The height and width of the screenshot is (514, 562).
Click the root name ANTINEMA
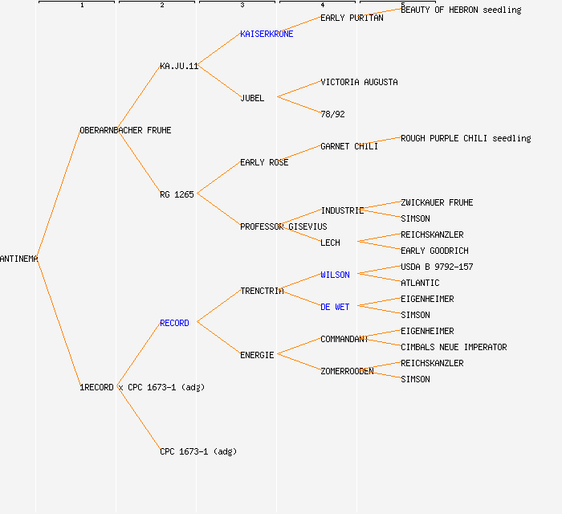tap(19, 259)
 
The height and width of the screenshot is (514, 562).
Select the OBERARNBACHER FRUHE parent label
tap(125, 130)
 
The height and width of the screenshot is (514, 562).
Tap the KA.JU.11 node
tap(178, 66)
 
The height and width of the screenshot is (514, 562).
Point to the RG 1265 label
tap(177, 194)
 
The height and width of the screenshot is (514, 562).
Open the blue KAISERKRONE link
tap(267, 34)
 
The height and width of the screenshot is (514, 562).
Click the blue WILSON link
tap(335, 275)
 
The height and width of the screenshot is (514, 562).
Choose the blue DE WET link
tap(335, 307)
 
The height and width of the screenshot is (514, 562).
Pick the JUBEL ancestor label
tap(252, 98)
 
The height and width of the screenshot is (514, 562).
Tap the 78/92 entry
tap(332, 114)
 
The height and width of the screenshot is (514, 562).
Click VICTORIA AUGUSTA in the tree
tap(359, 82)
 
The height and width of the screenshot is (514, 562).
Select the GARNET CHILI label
tap(349, 146)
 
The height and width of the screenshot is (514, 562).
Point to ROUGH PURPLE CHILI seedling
tap(466, 138)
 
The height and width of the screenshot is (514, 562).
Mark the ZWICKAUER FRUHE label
tap(437, 202)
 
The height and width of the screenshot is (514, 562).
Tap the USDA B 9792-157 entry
tap(437, 267)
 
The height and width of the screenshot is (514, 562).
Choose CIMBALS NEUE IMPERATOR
tap(454, 347)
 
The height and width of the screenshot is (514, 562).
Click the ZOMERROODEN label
tap(347, 371)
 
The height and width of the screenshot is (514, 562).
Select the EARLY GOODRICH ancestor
tap(434, 251)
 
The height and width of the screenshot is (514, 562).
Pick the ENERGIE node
tap(257, 355)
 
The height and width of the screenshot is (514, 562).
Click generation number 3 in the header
tap(242, 6)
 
